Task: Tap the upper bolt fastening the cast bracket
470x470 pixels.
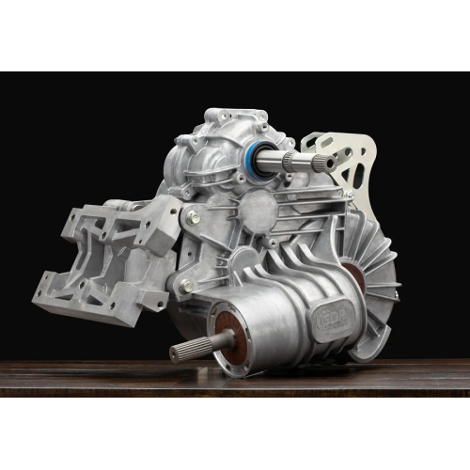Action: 194,218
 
